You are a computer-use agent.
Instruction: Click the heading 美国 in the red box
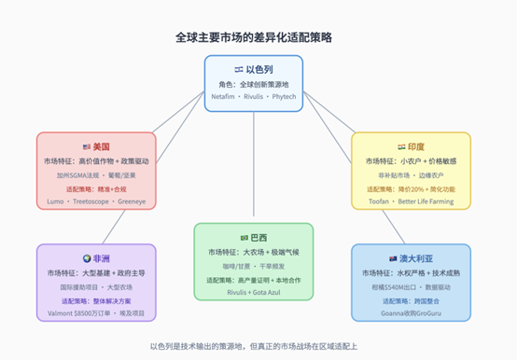pyautogui.click(x=101, y=146)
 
